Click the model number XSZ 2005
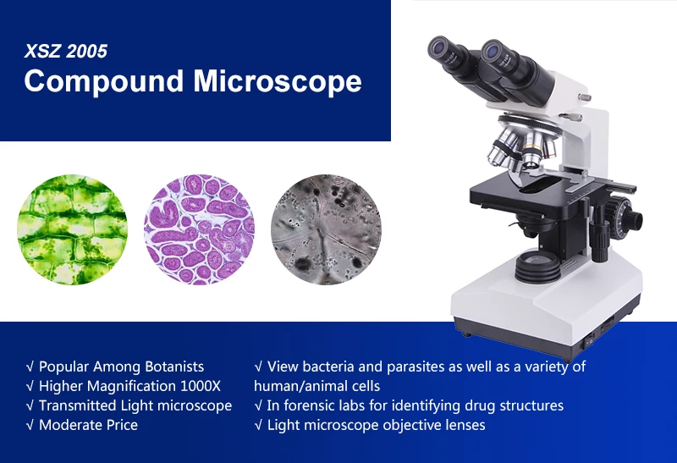66,51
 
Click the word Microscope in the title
278,80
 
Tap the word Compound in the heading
104,80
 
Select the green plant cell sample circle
73,229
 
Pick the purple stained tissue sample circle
199,229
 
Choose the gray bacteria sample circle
326,229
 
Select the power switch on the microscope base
589,343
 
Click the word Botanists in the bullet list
174,367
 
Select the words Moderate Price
89,425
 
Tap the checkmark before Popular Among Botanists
30,367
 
